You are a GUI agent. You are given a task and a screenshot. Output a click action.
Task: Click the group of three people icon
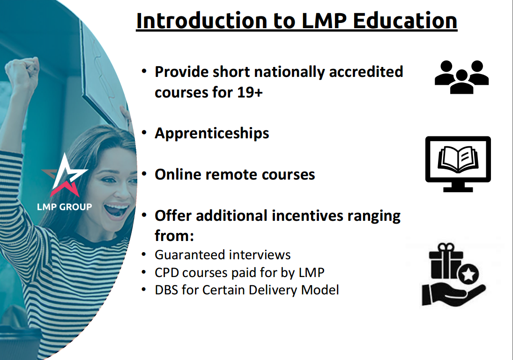point(461,77)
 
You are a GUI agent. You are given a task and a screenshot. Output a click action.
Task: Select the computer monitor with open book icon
point(458,164)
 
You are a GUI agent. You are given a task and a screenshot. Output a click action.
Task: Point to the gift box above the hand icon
point(446,263)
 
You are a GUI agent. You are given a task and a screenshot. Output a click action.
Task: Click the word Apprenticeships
point(212,133)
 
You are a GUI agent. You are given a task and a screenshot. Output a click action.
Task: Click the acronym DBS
point(166,290)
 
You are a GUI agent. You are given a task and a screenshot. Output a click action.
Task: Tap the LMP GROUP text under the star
point(65,207)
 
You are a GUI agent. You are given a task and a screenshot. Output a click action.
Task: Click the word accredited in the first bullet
point(366,72)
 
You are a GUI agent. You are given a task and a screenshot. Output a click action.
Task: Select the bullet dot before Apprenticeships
point(145,133)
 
